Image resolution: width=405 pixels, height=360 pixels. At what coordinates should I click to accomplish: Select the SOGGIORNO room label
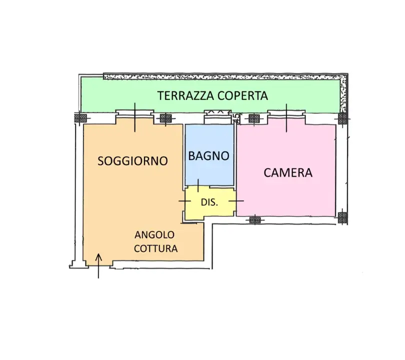(x=132, y=161)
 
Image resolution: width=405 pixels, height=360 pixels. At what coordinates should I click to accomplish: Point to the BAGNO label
(x=209, y=156)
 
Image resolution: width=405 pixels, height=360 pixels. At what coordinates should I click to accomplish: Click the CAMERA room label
(x=288, y=173)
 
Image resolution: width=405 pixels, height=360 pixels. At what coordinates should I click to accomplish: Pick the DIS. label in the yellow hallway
(x=209, y=203)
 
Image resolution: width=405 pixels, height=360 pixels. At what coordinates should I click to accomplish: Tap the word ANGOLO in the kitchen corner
(x=154, y=235)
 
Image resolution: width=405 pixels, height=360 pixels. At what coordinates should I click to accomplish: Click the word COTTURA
(x=156, y=248)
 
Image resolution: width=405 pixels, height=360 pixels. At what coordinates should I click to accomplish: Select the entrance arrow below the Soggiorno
(x=98, y=265)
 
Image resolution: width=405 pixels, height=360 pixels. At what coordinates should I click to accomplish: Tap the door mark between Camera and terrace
(x=286, y=118)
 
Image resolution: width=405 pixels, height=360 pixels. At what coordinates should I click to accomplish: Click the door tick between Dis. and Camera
(x=236, y=200)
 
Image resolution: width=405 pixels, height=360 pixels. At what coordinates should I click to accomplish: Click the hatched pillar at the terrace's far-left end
(x=80, y=118)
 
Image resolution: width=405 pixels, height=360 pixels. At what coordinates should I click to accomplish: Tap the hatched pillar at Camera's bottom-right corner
(x=342, y=217)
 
